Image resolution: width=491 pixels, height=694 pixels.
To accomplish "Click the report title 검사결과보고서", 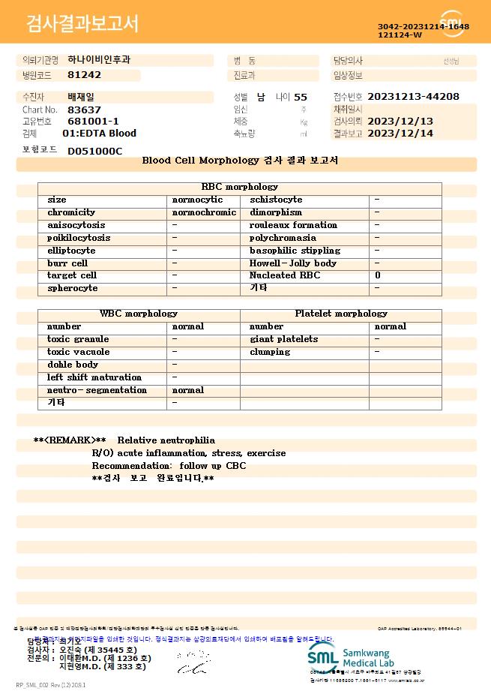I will (x=82, y=24).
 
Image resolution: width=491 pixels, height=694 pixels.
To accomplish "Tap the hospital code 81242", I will (x=84, y=75).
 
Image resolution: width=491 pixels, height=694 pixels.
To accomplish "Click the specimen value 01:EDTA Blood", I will (x=99, y=134).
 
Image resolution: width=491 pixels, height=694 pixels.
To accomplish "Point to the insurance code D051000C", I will (x=94, y=151).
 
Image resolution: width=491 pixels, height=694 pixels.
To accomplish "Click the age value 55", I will (x=301, y=97).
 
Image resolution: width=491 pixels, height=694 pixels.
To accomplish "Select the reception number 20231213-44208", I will (x=414, y=97).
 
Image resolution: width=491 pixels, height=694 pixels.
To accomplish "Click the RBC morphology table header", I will (x=240, y=187).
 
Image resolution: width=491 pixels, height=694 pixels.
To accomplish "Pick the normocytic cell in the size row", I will (x=198, y=200).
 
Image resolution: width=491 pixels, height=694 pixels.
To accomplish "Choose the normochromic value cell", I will (x=204, y=213).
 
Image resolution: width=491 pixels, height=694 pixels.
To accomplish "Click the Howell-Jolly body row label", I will (x=293, y=263).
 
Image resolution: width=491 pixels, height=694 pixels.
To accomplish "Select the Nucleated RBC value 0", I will (x=378, y=276).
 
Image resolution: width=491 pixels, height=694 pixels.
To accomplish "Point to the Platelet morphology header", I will (x=341, y=314).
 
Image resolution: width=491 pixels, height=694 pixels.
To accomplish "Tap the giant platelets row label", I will (x=283, y=339).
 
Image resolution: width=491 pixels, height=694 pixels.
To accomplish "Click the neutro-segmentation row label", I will (x=97, y=390).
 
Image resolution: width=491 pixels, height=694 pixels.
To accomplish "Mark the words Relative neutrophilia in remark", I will (x=166, y=440).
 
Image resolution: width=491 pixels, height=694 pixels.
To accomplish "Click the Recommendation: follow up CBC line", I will (x=169, y=466).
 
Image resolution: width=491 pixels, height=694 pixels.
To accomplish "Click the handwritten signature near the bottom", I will (x=192, y=662).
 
